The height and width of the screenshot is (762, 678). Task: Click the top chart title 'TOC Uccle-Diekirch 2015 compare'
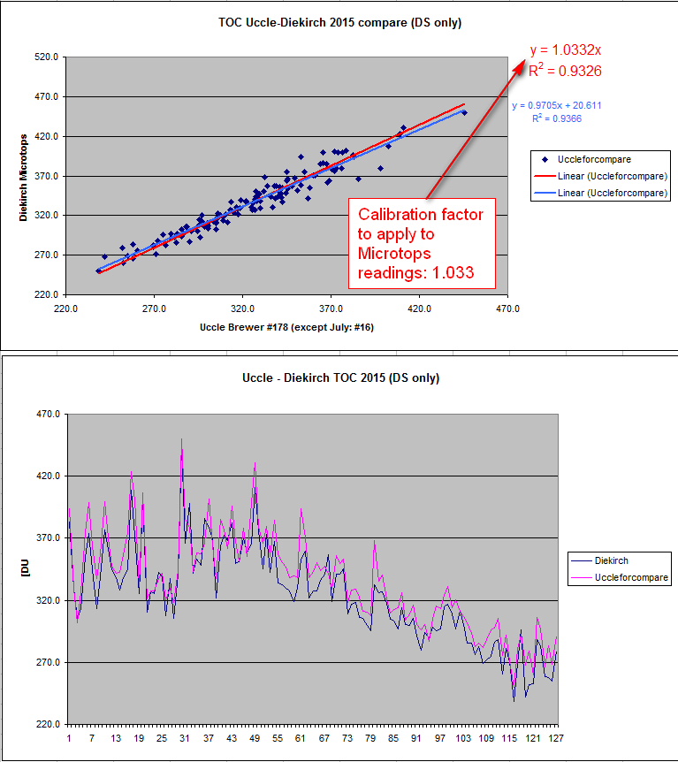pos(339,23)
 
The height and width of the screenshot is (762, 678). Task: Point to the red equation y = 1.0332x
pos(566,50)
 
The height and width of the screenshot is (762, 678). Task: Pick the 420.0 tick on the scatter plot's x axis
pos(419,310)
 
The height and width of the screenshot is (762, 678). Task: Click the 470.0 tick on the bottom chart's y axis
pos(45,414)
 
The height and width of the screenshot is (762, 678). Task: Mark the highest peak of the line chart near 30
pos(182,439)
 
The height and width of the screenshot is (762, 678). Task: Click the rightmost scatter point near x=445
pos(464,112)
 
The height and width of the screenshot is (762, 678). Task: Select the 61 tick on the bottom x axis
pos(301,737)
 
